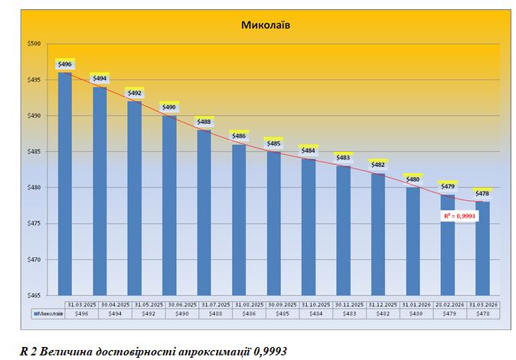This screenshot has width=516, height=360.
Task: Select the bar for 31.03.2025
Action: click(x=65, y=184)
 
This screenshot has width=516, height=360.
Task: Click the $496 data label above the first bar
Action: click(x=65, y=64)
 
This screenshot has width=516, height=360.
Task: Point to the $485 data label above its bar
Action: click(x=273, y=143)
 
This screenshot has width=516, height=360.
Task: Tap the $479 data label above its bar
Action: click(x=447, y=186)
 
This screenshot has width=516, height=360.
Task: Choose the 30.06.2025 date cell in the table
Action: click(x=169, y=304)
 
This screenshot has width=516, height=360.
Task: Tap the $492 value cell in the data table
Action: click(x=135, y=313)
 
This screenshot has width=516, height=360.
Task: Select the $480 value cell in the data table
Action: click(x=413, y=313)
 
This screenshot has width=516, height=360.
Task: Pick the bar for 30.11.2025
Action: click(x=343, y=231)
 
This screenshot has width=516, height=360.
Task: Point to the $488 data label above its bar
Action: click(x=204, y=122)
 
